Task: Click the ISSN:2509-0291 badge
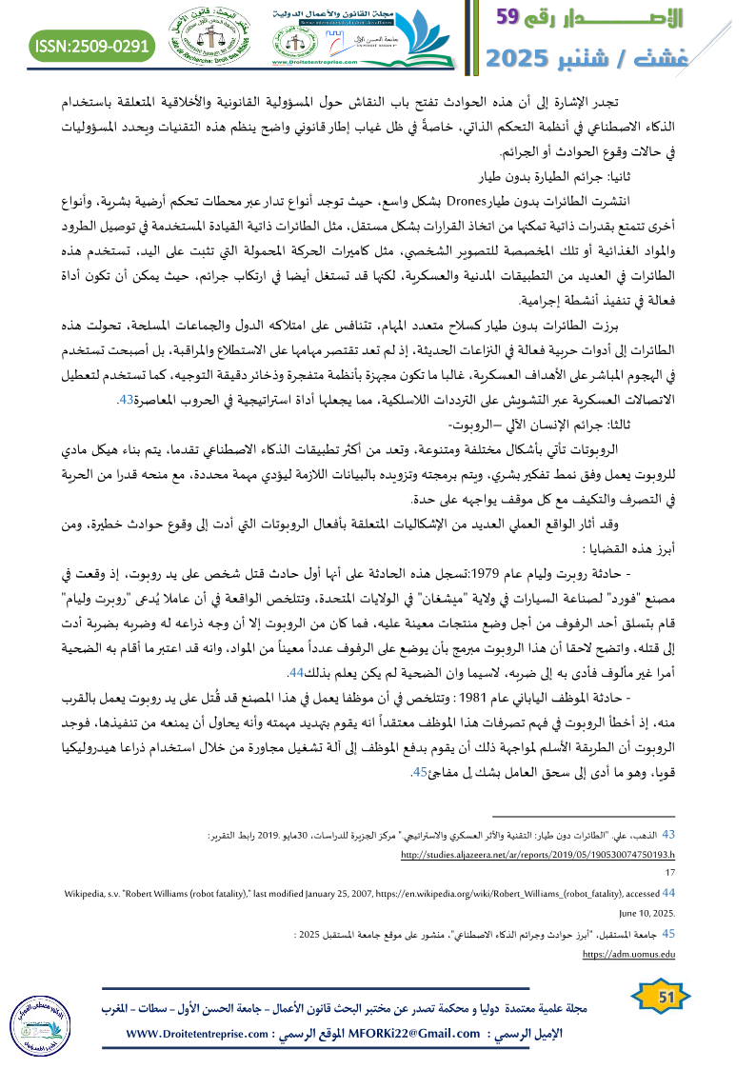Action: click(x=92, y=45)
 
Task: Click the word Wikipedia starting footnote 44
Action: click(x=89, y=893)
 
